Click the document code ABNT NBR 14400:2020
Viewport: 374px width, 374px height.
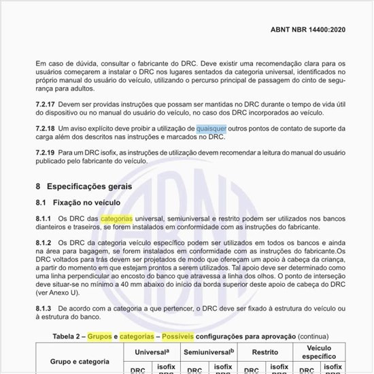coord(308,30)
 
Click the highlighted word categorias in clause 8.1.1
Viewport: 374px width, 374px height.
coord(117,218)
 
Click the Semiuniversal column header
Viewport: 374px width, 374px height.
coord(209,352)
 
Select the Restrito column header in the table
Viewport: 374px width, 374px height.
coord(264,352)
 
